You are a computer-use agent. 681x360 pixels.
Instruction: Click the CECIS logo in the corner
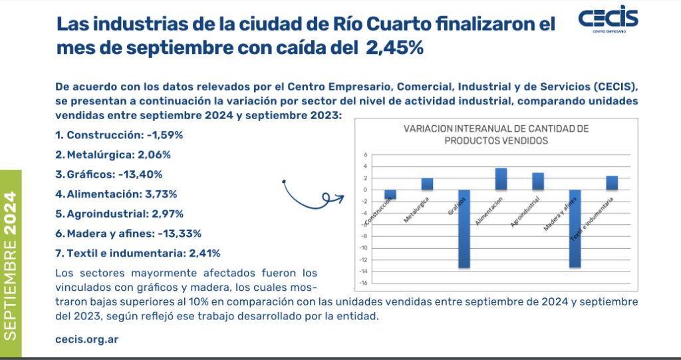tap(608, 22)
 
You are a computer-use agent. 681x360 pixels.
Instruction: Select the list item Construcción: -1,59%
tap(119, 134)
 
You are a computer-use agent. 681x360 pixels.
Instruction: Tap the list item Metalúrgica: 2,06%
tap(113, 154)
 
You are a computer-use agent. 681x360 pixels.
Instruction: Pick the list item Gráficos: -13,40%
tap(109, 174)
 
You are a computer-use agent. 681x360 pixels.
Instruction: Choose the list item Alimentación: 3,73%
tap(116, 194)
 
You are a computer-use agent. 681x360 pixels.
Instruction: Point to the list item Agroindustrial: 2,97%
tap(120, 214)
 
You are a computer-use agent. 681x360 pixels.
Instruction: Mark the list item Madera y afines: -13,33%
tap(128, 234)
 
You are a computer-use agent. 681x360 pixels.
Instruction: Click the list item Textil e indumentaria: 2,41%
tap(138, 253)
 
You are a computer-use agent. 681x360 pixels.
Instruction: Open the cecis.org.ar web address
tap(87, 339)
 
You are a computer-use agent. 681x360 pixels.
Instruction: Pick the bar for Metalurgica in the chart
tap(427, 184)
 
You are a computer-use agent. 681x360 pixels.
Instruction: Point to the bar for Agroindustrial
tap(538, 181)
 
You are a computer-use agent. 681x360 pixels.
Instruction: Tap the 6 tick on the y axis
tap(364, 154)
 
